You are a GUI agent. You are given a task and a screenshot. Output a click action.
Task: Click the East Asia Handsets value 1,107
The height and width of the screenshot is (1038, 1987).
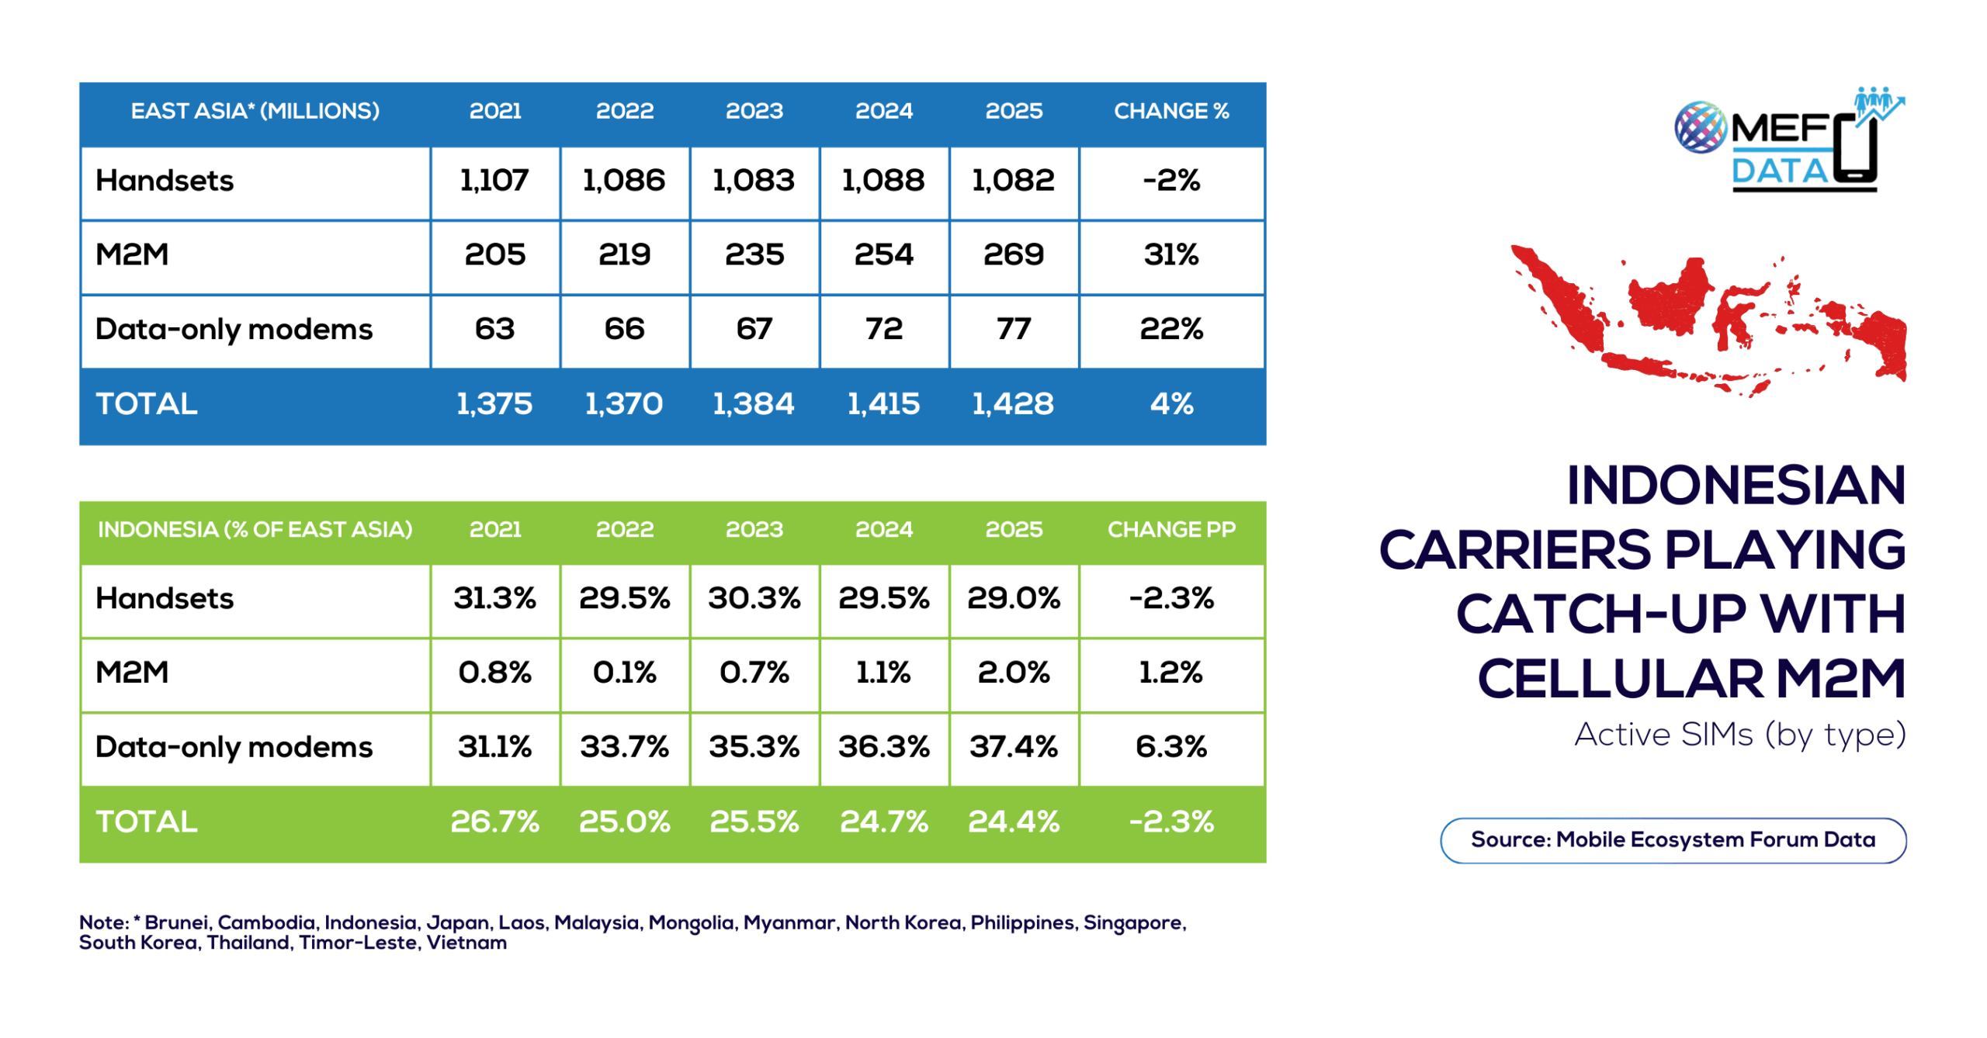pyautogui.click(x=494, y=180)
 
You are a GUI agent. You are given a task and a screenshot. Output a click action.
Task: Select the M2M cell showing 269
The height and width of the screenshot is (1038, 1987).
pyautogui.click(x=1013, y=254)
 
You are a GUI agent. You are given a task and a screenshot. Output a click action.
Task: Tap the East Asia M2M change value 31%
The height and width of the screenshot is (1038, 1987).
pyautogui.click(x=1170, y=254)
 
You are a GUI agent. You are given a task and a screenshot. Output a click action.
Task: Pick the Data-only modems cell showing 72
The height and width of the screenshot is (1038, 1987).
pyautogui.click(x=883, y=329)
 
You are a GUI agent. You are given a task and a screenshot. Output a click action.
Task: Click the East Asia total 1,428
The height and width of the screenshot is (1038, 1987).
pyautogui.click(x=1013, y=403)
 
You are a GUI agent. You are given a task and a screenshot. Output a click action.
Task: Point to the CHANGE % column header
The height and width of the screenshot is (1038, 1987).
pyautogui.click(x=1170, y=111)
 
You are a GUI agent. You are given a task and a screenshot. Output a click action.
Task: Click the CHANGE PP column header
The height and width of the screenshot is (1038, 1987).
pyautogui.click(x=1170, y=529)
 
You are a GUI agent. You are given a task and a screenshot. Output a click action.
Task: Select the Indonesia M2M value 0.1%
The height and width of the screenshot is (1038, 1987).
pyautogui.click(x=624, y=672)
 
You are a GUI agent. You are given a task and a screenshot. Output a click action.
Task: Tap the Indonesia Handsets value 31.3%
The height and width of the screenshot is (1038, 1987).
pyautogui.click(x=494, y=598)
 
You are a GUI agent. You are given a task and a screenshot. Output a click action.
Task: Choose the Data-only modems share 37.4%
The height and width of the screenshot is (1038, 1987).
pyautogui.click(x=1013, y=746)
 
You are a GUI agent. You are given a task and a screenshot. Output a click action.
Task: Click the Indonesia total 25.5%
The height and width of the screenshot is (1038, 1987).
pyautogui.click(x=754, y=821)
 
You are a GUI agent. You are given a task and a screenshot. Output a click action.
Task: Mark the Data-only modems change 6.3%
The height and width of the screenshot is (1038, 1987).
pyautogui.click(x=1170, y=746)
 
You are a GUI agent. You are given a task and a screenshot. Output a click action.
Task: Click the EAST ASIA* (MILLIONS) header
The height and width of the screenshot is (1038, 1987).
pyautogui.click(x=255, y=111)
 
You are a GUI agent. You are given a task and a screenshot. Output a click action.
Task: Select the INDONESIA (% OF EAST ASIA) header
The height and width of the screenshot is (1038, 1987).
pyautogui.click(x=255, y=529)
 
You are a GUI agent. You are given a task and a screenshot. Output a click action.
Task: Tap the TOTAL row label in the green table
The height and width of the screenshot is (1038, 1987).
pyautogui.click(x=146, y=821)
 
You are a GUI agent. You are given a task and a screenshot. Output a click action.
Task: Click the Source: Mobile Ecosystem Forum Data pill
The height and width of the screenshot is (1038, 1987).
pyautogui.click(x=1673, y=839)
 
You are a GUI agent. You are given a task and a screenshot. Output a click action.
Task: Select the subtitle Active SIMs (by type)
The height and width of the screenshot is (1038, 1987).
pyautogui.click(x=1739, y=734)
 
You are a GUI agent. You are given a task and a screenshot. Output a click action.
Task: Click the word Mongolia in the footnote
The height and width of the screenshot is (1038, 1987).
pyautogui.click(x=691, y=922)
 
